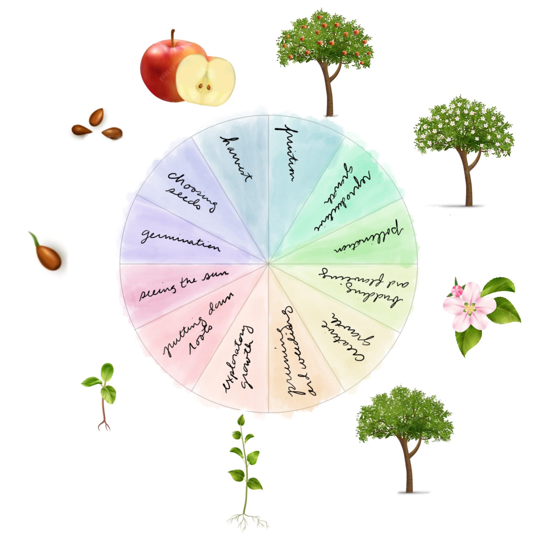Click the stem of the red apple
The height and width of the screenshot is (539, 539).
click(x=173, y=38)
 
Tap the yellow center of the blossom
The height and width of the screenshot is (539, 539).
click(x=470, y=309)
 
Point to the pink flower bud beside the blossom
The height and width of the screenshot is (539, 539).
click(x=457, y=291)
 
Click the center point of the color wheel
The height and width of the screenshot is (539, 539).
click(x=268, y=263)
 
